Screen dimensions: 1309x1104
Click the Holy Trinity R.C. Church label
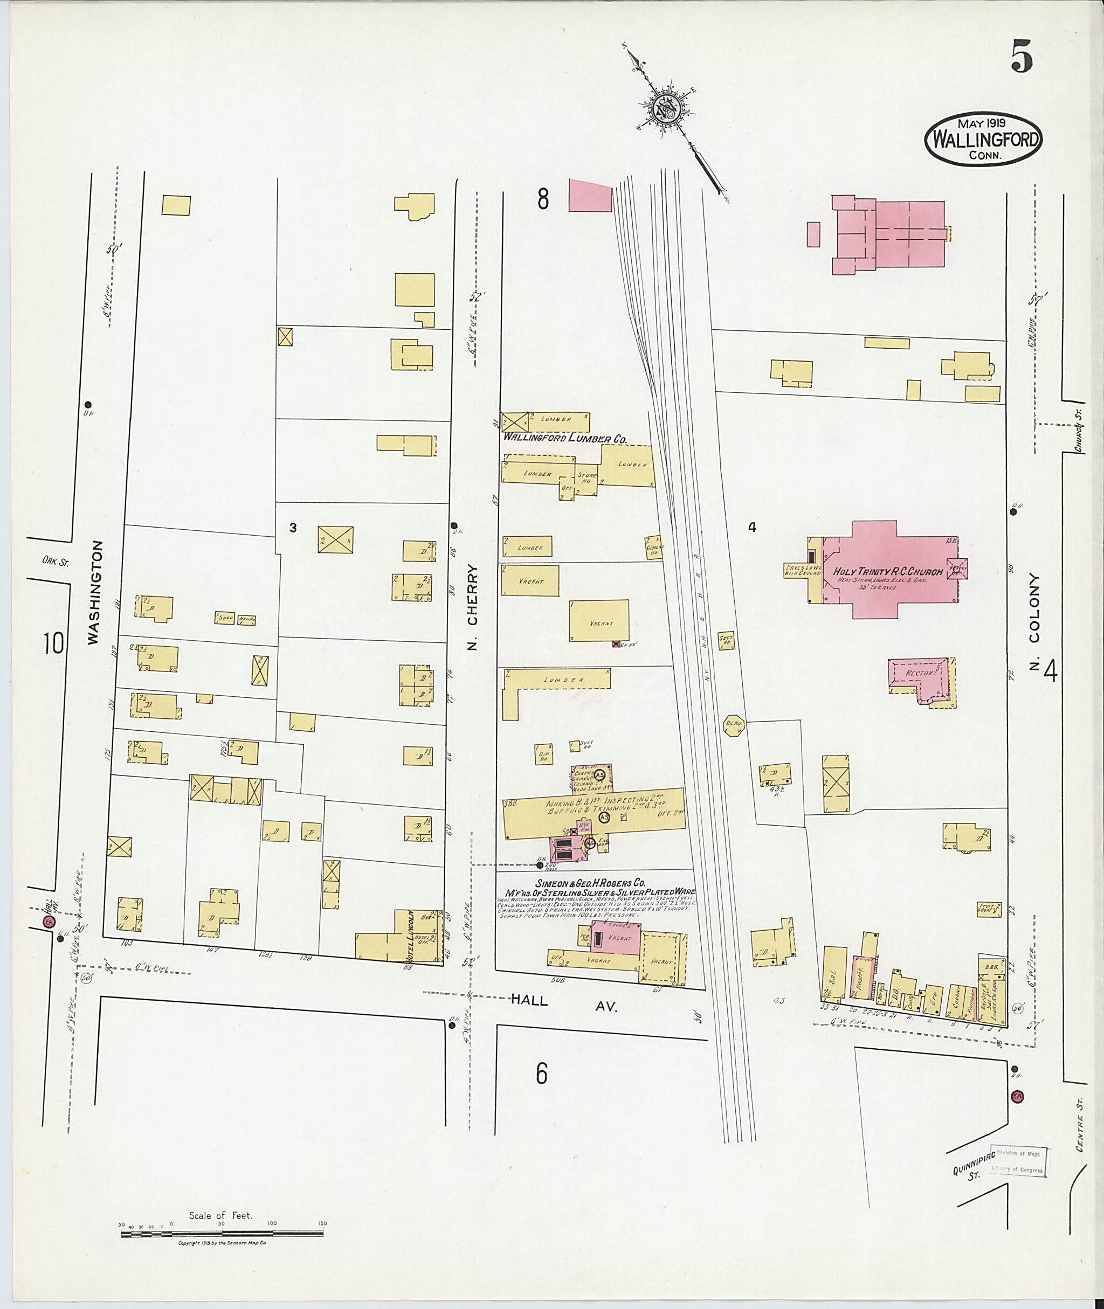point(887,572)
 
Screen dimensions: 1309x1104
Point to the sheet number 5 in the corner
point(1021,56)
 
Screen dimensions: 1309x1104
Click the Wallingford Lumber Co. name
point(565,439)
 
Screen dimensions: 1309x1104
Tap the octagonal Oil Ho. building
point(733,725)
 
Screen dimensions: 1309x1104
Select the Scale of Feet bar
point(222,1234)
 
